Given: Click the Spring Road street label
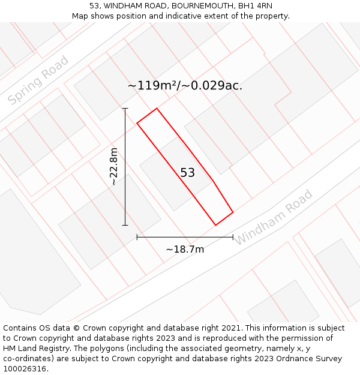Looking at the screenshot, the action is pyautogui.click(x=38, y=80).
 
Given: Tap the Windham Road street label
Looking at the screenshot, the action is pyautogui.click(x=273, y=217).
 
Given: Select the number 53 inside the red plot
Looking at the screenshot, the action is pyautogui.click(x=187, y=173).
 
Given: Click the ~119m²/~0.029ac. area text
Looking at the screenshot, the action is pyautogui.click(x=185, y=86).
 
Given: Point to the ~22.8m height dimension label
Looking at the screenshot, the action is pyautogui.click(x=114, y=167).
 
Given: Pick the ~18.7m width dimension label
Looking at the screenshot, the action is pyautogui.click(x=185, y=249).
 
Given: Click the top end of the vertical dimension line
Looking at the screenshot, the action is pyautogui.click(x=125, y=109).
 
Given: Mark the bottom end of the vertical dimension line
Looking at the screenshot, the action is pyautogui.click(x=125, y=226).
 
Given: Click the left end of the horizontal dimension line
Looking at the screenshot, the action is pyautogui.click(x=137, y=237).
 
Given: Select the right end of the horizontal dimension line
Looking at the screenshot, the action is pyautogui.click(x=233, y=237).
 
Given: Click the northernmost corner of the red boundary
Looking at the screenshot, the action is pyautogui.click(x=157, y=109).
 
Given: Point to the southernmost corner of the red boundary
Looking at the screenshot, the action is pyautogui.click(x=215, y=225).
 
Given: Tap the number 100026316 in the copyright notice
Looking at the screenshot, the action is pyautogui.click(x=23, y=369).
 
